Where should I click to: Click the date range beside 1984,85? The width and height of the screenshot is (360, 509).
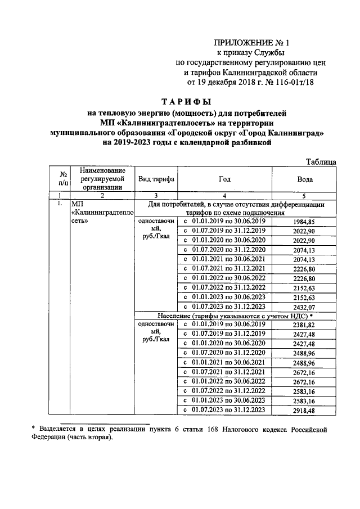(225, 222)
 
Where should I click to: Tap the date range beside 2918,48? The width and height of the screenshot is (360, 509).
(225, 410)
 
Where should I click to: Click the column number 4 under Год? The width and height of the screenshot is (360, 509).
(225, 195)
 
